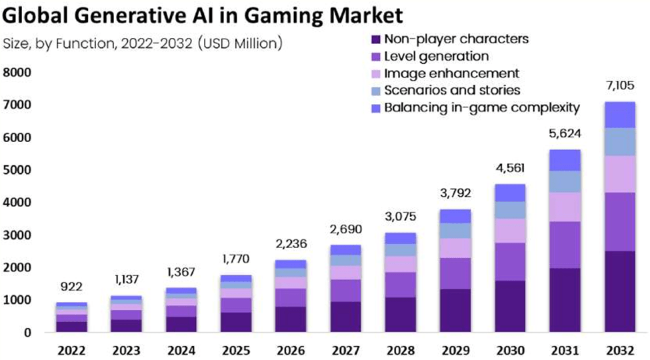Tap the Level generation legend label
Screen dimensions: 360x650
[x=437, y=56]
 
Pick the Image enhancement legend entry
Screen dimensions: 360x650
[x=451, y=73]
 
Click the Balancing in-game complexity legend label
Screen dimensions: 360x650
[x=482, y=107]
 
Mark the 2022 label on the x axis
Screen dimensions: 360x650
[x=71, y=350]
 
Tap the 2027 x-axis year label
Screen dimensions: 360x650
[x=345, y=350]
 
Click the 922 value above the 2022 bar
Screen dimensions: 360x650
[x=71, y=287]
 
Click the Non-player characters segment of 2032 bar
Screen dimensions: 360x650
[x=619, y=291]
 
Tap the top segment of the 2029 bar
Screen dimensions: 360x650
[x=455, y=216]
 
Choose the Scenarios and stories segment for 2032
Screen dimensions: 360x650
[x=619, y=141]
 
